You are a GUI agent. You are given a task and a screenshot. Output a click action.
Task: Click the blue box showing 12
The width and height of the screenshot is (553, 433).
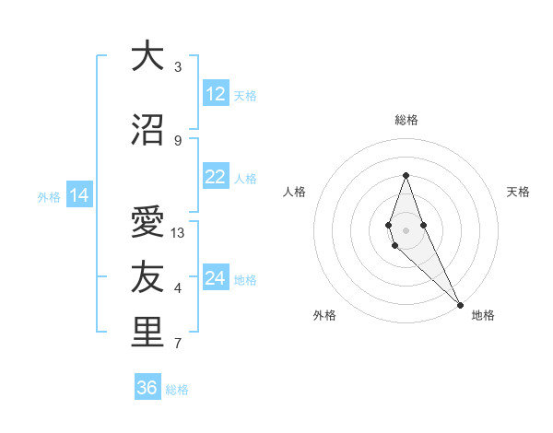(x=216, y=94)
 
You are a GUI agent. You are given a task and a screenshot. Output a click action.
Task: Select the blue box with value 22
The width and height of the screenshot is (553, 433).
(x=216, y=178)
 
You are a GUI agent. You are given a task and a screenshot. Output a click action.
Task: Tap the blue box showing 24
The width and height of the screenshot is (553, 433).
(x=216, y=278)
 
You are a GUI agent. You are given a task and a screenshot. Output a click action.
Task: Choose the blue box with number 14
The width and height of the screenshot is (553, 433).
(x=78, y=195)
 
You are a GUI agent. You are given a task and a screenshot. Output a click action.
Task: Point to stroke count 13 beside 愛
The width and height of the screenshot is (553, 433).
(x=178, y=233)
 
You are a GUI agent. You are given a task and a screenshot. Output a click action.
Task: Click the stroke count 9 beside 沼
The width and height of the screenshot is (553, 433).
(x=178, y=140)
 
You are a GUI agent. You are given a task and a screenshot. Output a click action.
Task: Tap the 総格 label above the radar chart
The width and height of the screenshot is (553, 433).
(x=406, y=120)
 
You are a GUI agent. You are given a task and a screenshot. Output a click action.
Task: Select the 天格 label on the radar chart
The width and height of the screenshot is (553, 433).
(x=518, y=192)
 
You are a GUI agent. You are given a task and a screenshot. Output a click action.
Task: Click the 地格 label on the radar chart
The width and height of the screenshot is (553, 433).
(x=483, y=315)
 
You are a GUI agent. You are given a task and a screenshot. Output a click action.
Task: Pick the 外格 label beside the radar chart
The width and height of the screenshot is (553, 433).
(x=324, y=315)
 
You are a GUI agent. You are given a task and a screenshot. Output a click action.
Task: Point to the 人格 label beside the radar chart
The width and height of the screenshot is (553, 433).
(x=295, y=192)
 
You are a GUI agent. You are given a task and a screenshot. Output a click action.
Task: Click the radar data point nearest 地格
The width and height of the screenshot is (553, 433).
(x=460, y=304)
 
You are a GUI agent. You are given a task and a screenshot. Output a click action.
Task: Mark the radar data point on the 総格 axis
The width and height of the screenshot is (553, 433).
(x=406, y=175)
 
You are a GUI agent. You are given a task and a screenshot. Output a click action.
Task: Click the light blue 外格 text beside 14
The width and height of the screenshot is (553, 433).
(x=48, y=196)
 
